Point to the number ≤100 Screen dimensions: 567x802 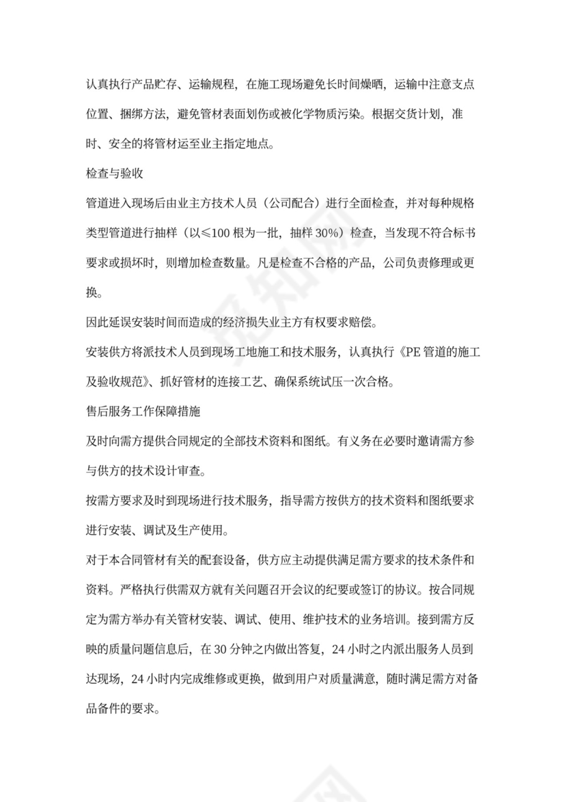(x=249, y=233)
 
